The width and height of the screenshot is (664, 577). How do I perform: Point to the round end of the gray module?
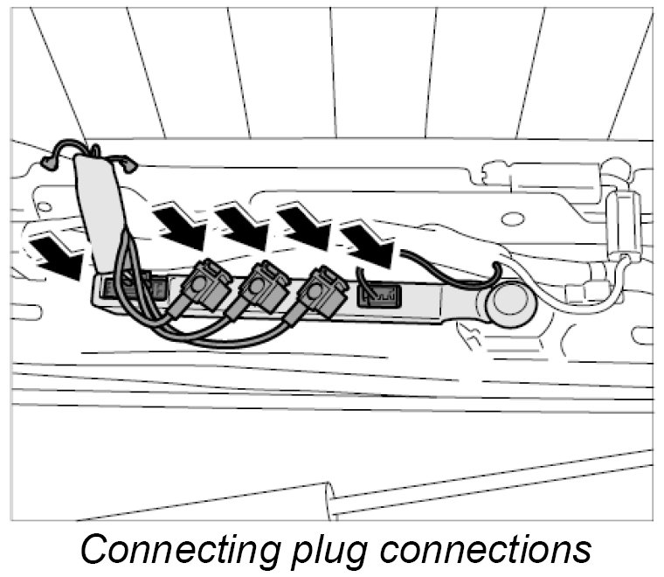509,302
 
